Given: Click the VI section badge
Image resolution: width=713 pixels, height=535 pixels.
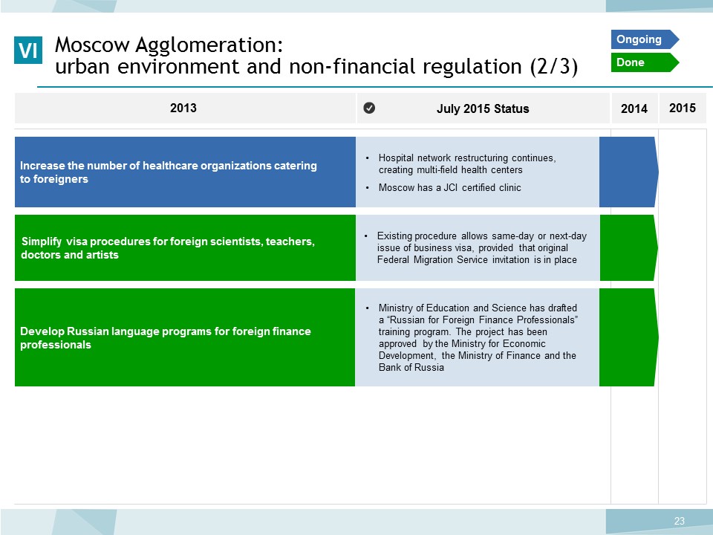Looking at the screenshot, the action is (x=28, y=50).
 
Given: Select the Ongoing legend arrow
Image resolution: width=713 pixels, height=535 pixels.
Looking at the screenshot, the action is (x=645, y=39).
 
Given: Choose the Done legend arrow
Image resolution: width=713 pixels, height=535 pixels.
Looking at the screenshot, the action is (x=645, y=62).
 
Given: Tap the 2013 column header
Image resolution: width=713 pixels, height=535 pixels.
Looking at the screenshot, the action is (x=183, y=108).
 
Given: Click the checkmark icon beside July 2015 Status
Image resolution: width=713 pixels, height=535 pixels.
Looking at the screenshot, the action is (x=369, y=108).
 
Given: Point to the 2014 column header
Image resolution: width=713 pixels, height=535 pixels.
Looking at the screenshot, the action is (x=634, y=108).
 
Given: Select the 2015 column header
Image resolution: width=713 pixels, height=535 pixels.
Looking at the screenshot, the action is (x=682, y=108).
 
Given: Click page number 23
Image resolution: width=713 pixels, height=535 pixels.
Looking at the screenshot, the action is (x=680, y=521).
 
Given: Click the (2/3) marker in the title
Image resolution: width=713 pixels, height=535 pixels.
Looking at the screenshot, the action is (x=554, y=66).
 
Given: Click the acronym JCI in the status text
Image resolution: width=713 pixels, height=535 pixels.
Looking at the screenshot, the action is (x=450, y=187).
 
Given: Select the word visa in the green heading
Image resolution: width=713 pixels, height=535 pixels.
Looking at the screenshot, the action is (x=76, y=241).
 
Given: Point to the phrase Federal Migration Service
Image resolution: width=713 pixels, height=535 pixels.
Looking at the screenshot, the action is (x=432, y=260).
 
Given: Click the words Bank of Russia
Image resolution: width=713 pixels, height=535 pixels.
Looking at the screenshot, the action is (x=411, y=368).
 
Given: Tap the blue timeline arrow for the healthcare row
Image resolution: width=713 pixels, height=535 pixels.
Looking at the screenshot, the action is (x=628, y=172).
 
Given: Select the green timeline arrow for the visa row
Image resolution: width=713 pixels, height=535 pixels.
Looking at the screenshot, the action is (x=629, y=248).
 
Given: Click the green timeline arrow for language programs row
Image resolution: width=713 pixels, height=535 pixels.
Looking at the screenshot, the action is (x=629, y=337).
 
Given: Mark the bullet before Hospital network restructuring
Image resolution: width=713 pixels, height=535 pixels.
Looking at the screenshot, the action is (x=368, y=158).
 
